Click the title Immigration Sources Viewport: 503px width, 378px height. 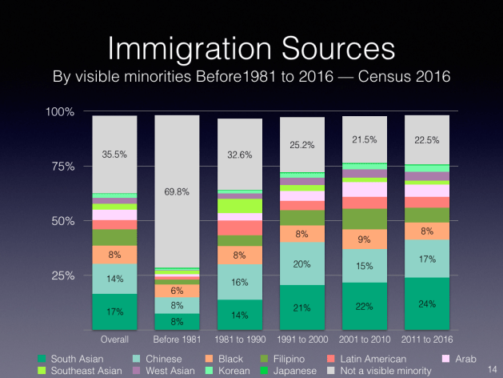[251, 46]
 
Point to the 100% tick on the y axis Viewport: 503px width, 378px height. [59, 111]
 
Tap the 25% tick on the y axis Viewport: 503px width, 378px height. [62, 275]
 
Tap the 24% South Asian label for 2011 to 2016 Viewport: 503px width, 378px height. [426, 304]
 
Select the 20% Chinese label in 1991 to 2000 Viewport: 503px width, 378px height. [301, 265]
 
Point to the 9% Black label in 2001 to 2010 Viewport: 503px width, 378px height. [364, 239]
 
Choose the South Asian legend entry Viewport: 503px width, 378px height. [73, 358]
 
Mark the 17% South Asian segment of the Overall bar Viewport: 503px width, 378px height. [114, 311]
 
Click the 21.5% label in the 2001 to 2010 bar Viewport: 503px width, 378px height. [364, 139]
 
